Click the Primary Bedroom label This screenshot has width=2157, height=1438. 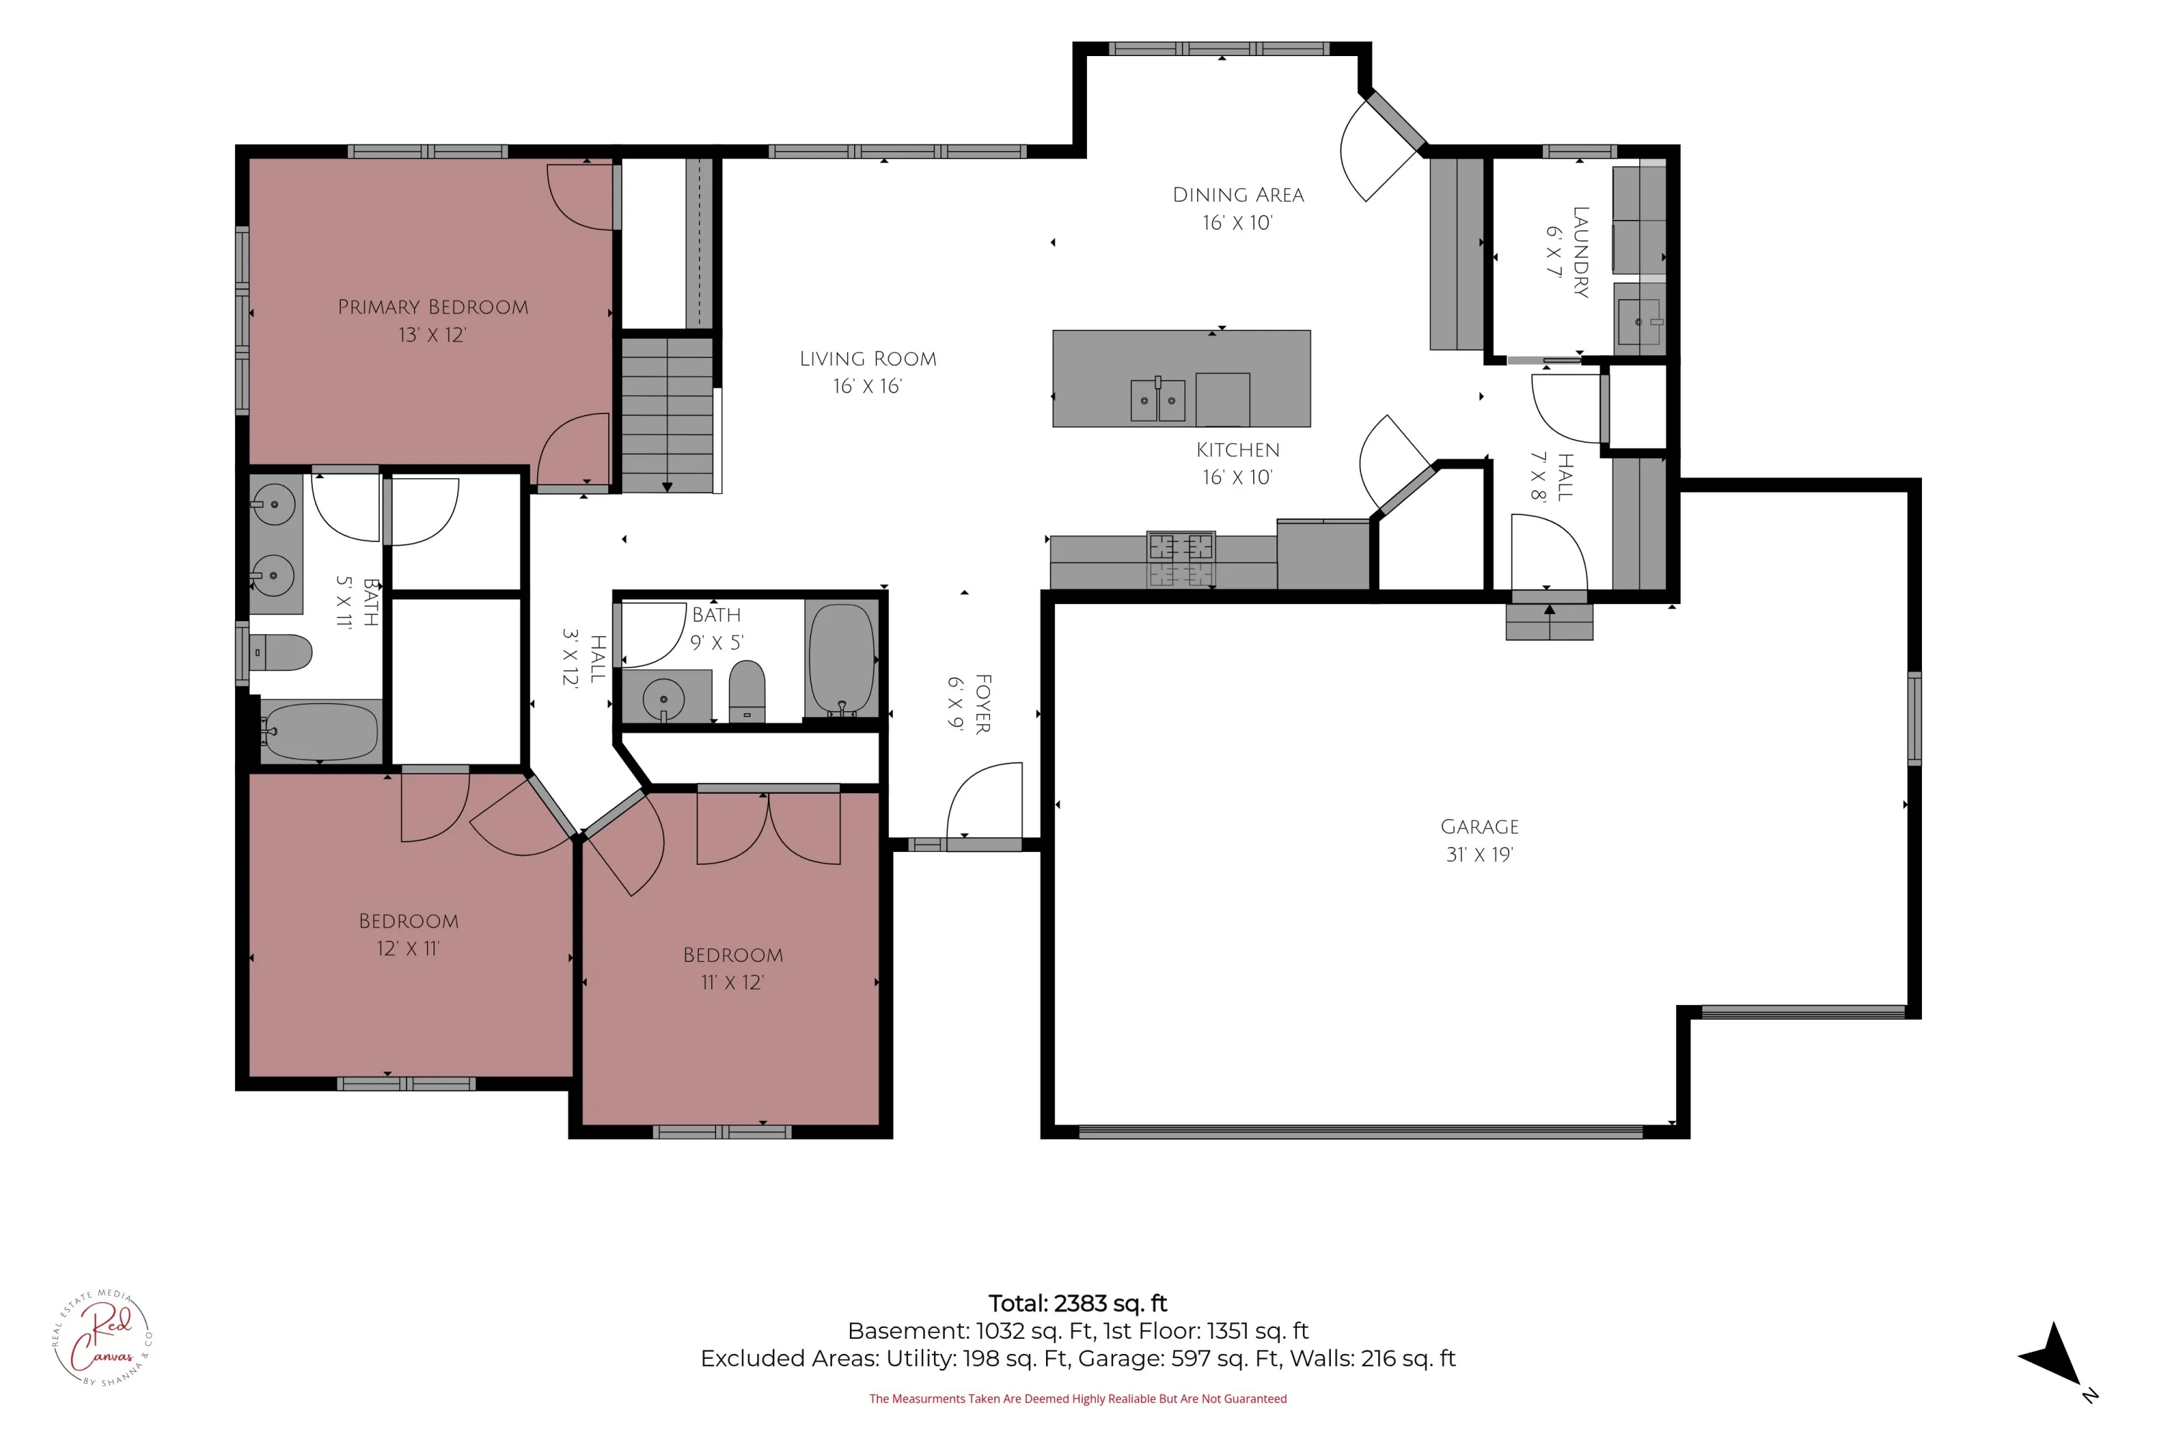pos(433,307)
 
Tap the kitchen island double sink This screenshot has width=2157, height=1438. pos(1158,400)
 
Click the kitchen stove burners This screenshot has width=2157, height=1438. pos(1181,559)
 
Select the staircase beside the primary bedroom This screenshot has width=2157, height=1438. pos(668,415)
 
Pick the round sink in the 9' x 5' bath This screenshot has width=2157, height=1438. pos(663,700)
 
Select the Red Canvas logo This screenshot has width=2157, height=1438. pos(103,1338)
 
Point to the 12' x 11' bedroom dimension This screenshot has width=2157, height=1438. pos(408,948)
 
